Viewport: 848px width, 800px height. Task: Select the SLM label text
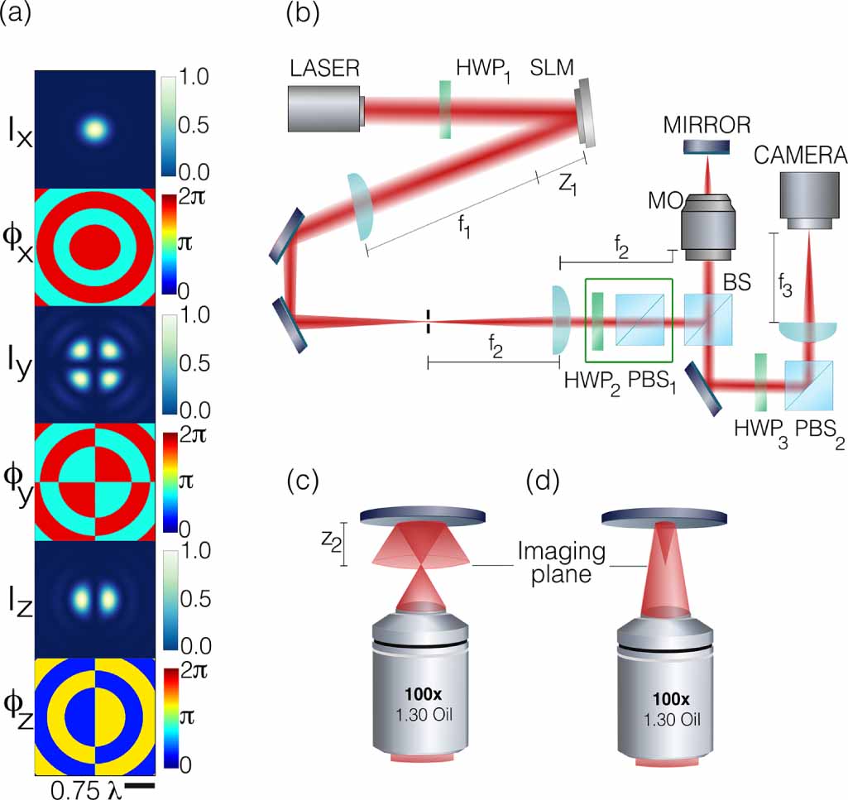point(553,69)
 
